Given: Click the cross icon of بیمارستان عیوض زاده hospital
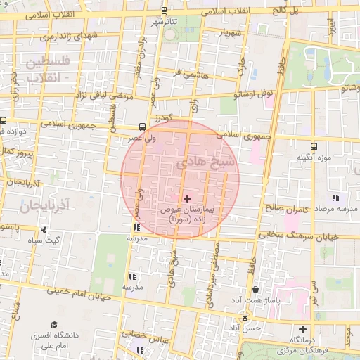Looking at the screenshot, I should [x=187, y=199].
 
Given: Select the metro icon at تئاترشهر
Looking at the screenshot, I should [x=164, y=11].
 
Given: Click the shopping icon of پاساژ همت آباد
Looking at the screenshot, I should [x=255, y=289].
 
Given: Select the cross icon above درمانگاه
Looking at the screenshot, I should [x=303, y=329].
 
